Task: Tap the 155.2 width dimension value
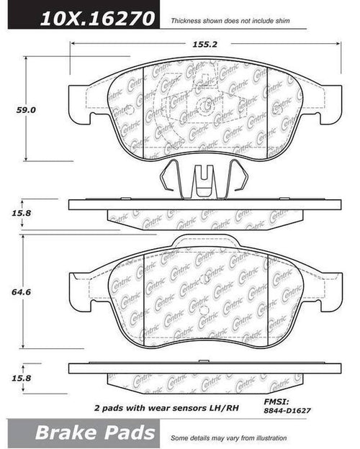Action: click(205, 44)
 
